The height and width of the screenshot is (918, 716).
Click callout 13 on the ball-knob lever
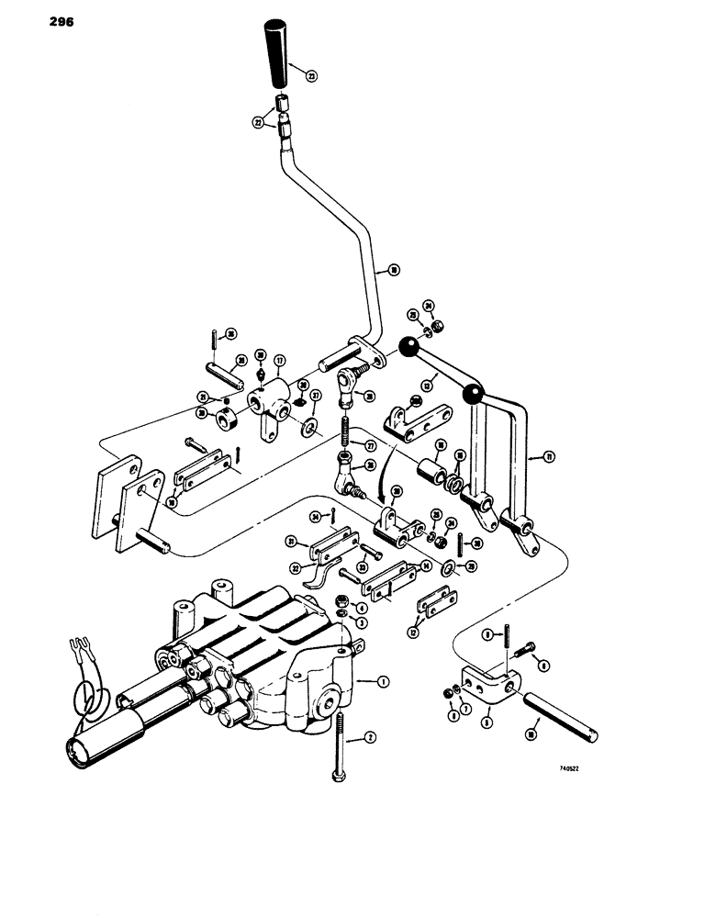coord(426,386)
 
